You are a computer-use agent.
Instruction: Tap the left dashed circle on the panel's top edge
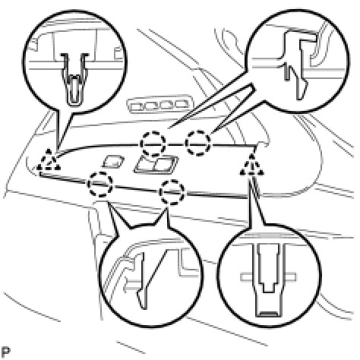coord(153,144)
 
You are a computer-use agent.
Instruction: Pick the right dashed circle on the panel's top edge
coord(198,143)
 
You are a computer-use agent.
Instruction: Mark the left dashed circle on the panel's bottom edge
coord(100,184)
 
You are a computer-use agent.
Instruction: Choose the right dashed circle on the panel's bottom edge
coord(172,192)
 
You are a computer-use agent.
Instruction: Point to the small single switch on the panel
coord(113,161)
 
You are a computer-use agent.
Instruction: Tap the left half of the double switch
coord(146,164)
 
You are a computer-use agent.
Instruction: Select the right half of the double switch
coord(166,165)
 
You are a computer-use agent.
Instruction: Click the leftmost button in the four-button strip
coord(137,106)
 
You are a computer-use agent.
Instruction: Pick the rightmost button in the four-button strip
coord(182,104)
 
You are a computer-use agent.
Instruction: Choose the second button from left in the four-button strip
coord(152,105)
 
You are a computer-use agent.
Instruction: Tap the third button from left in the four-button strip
coord(167,104)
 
